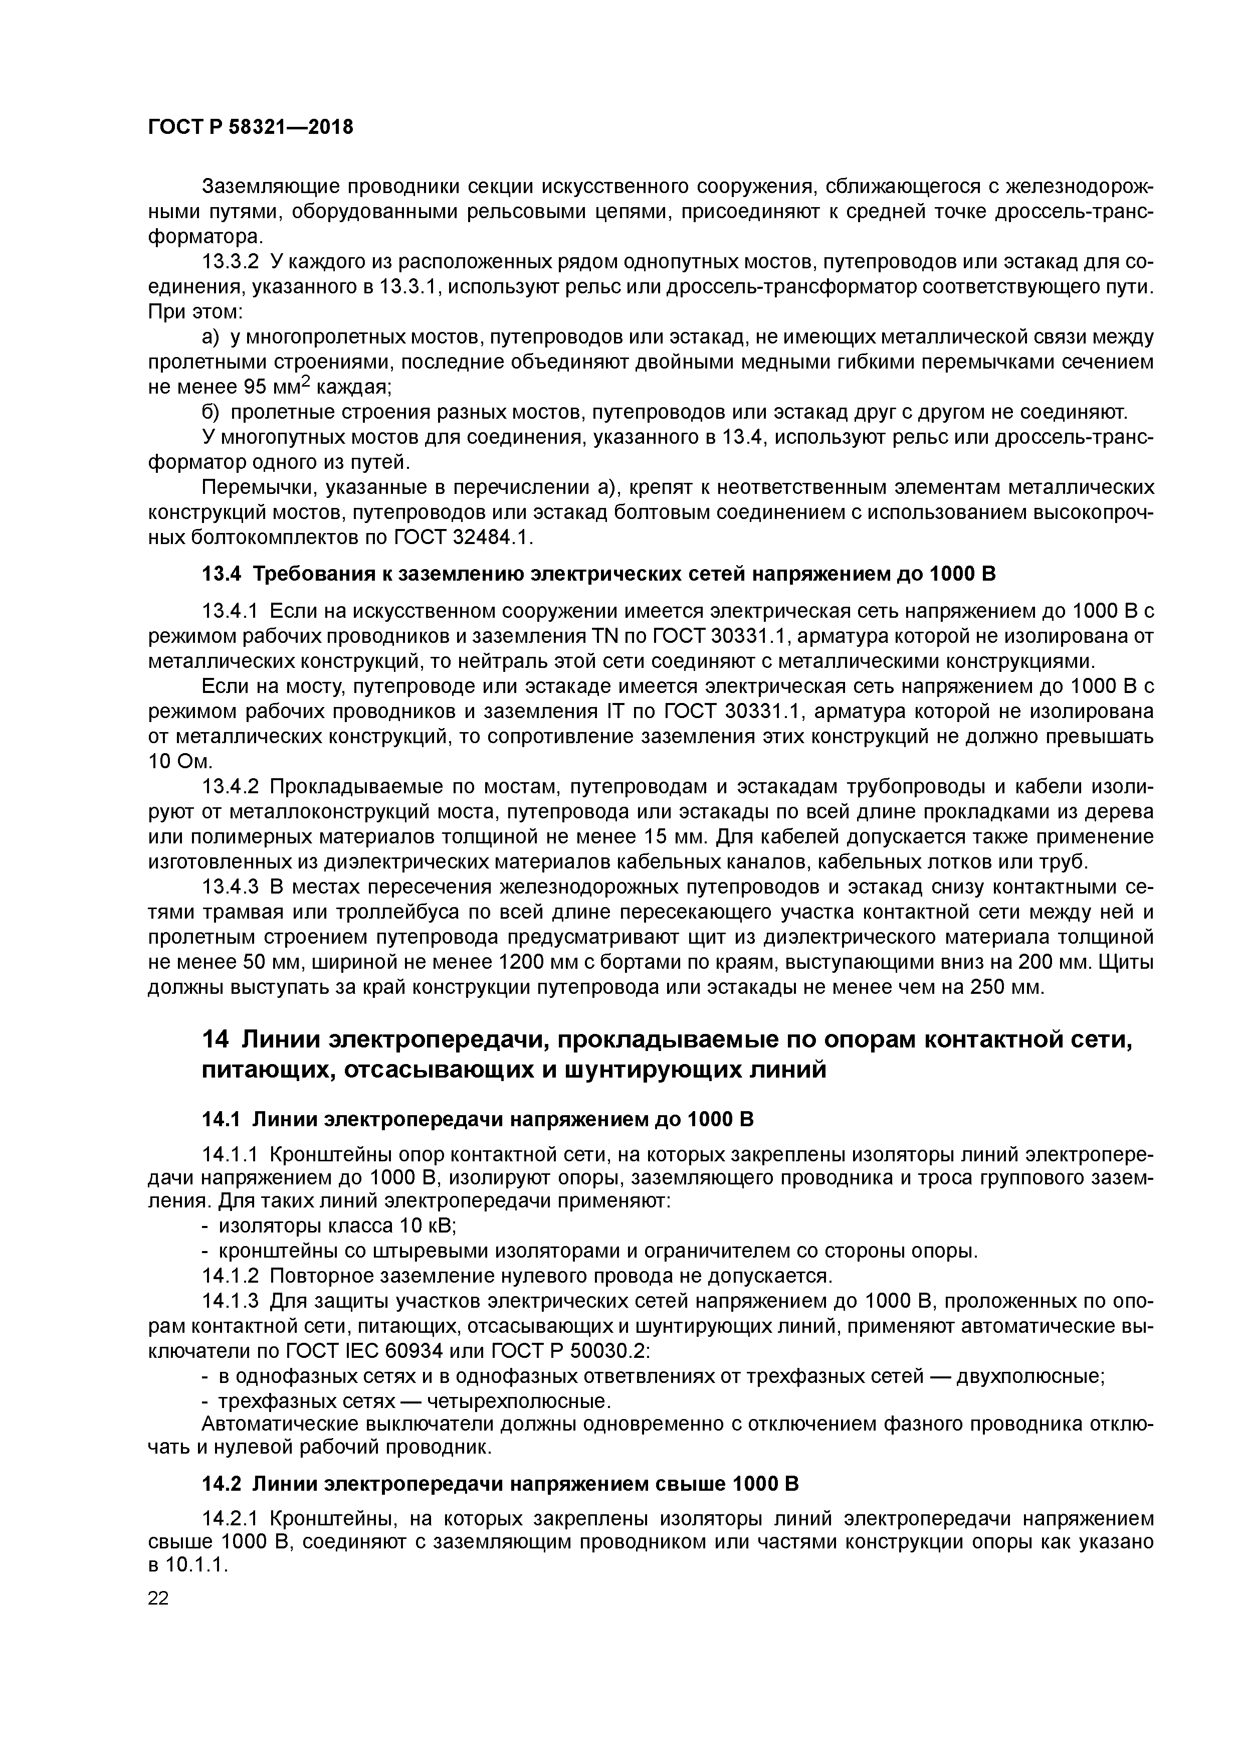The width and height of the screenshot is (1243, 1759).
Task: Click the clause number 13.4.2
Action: click(x=231, y=787)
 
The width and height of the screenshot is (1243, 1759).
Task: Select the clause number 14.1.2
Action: click(x=231, y=1276)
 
